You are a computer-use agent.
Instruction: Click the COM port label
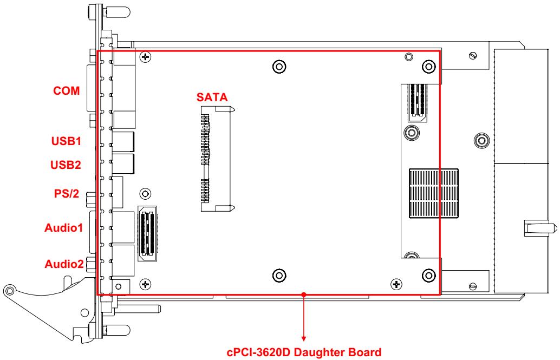point(67,91)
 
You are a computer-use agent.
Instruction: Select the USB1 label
point(66,141)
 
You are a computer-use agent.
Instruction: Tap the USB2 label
point(66,165)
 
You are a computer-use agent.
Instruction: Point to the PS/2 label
point(67,194)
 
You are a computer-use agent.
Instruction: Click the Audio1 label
point(63,227)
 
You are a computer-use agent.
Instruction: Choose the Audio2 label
point(64,264)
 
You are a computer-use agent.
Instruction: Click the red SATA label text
point(212,97)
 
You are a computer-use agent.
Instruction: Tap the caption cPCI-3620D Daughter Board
point(304,352)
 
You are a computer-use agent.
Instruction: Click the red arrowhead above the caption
point(304,338)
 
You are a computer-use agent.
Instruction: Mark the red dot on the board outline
point(304,294)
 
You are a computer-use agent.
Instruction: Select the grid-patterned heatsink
point(434,193)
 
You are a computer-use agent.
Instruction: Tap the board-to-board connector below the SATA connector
point(147,233)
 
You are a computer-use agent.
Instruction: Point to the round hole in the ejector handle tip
point(10,289)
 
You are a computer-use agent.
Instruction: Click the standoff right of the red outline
point(481,140)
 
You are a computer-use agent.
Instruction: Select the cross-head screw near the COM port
point(145,57)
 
